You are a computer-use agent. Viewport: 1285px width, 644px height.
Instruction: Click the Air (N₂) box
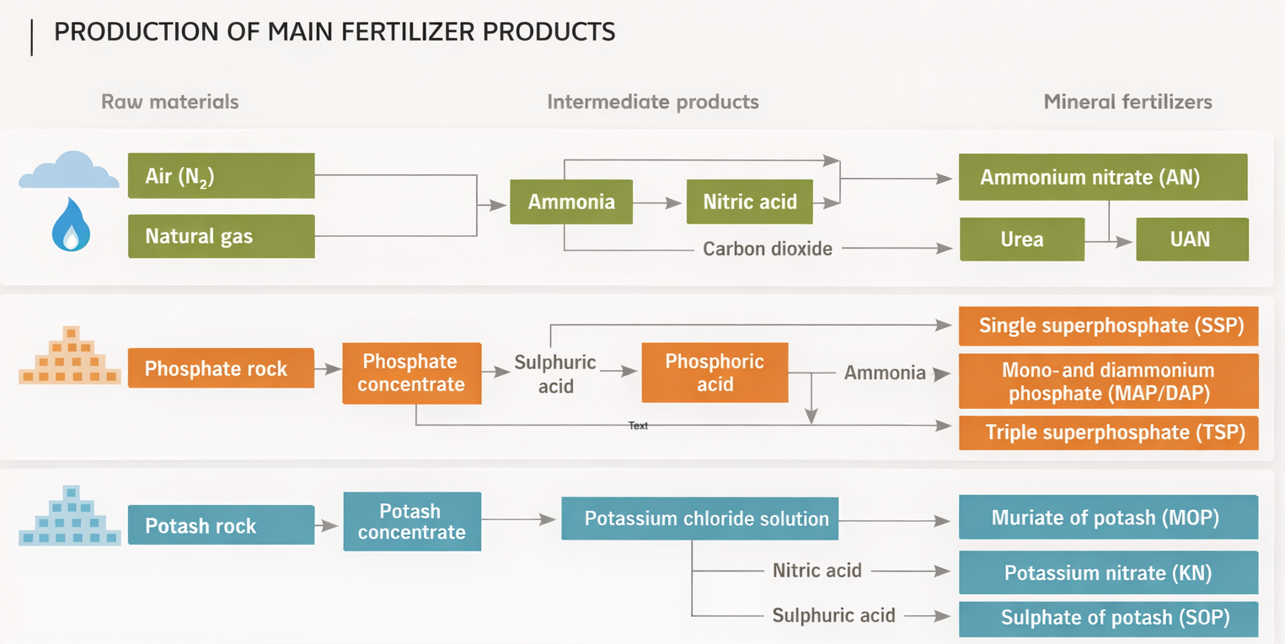click(x=221, y=176)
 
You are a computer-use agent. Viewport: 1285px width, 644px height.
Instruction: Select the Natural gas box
click(x=221, y=236)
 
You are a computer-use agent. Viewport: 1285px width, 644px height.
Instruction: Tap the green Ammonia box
click(x=570, y=202)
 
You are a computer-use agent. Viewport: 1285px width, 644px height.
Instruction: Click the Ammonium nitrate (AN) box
click(x=1102, y=177)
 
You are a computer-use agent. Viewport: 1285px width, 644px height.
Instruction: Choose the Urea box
click(x=1021, y=239)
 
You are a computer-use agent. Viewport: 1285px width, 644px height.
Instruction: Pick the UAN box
click(x=1191, y=239)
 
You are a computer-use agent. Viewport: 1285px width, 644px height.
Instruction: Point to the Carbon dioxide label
click(x=768, y=249)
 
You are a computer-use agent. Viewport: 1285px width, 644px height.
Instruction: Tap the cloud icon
click(x=69, y=171)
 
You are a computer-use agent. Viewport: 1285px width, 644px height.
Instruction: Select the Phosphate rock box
click(x=220, y=368)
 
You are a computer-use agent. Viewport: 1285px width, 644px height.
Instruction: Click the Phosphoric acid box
click(x=715, y=373)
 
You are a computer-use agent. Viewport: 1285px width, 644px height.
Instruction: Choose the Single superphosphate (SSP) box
click(x=1108, y=325)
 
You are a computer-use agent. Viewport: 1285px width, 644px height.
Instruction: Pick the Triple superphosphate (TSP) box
click(x=1108, y=433)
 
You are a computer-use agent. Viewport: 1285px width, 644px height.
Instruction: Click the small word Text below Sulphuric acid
click(x=639, y=426)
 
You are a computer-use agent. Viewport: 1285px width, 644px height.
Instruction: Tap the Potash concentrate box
click(x=412, y=522)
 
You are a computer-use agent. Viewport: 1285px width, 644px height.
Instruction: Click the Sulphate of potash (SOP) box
click(x=1108, y=618)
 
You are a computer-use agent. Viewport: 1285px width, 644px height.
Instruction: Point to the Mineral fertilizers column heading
click(x=1127, y=102)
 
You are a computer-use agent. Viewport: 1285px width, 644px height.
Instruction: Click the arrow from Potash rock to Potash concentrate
click(x=328, y=526)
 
